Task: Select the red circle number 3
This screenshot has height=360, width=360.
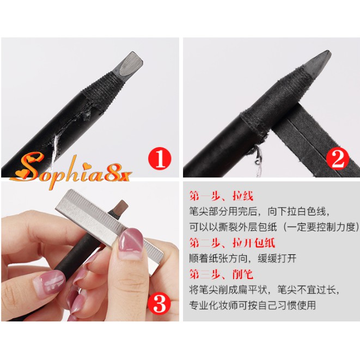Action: pyautogui.click(x=160, y=303)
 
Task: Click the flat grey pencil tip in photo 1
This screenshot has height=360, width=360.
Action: pyautogui.click(x=129, y=63)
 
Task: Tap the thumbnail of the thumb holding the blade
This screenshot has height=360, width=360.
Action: pyautogui.click(x=130, y=240)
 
